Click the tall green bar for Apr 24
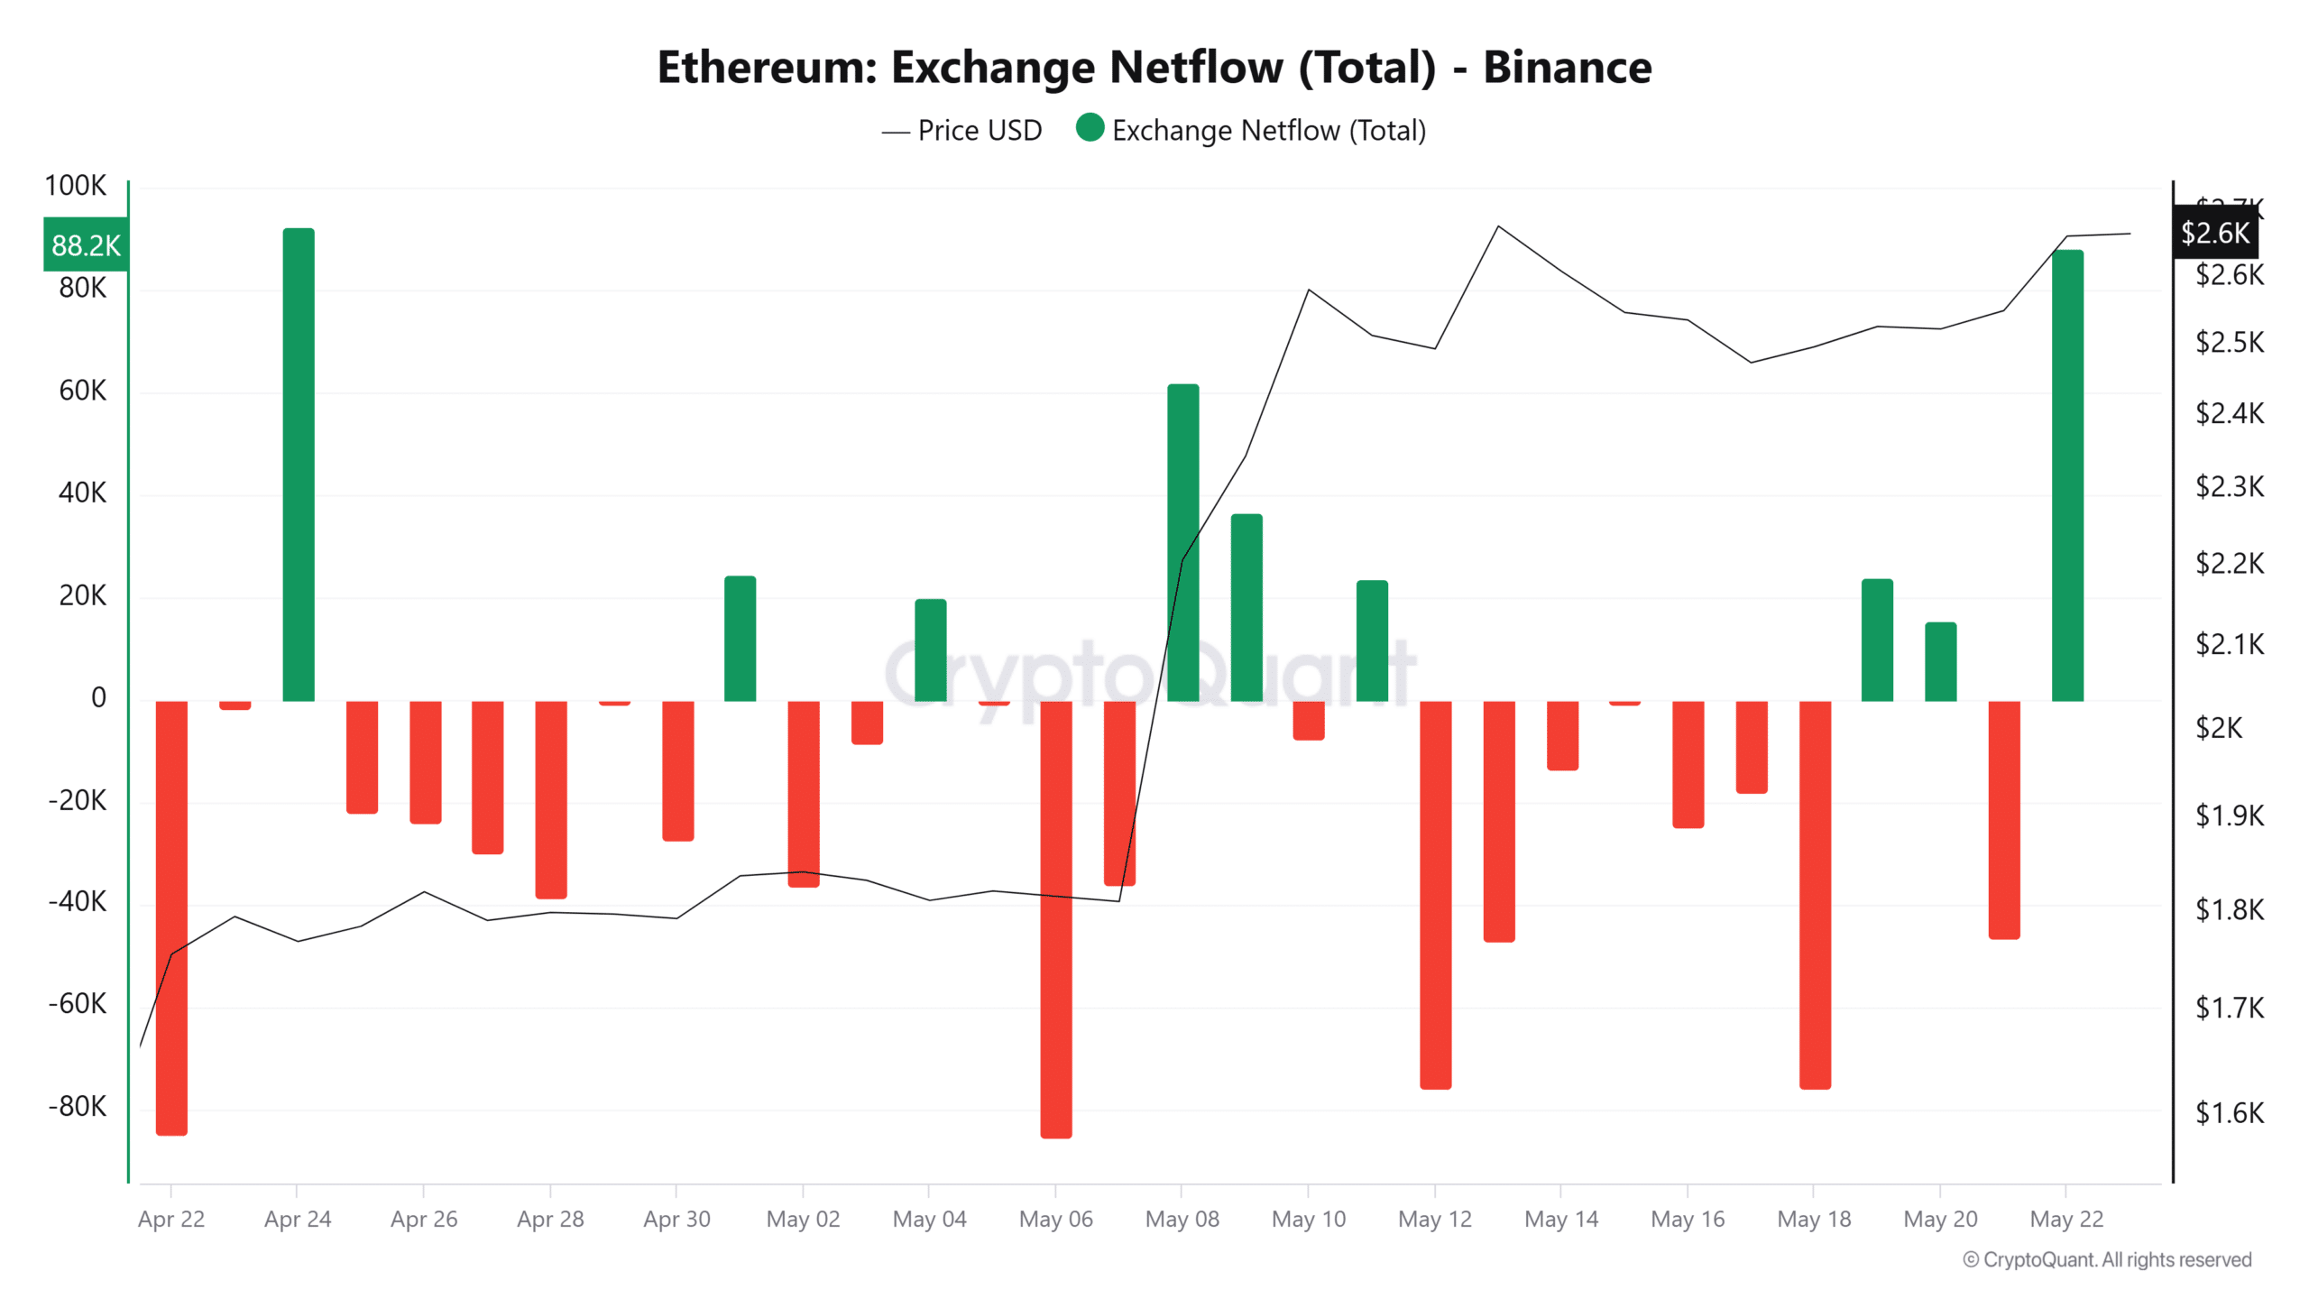point(299,465)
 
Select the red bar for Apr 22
point(171,916)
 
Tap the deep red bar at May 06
point(1056,918)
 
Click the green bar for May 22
point(2067,475)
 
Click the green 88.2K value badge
point(86,244)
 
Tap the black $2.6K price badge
point(2215,233)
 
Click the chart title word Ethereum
point(766,68)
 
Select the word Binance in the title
point(1567,68)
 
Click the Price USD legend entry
point(962,131)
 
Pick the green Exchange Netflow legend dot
point(1090,128)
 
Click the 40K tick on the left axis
point(82,493)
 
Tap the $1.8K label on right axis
point(2229,909)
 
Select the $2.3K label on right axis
point(2229,487)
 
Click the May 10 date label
point(1308,1219)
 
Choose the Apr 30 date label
point(676,1219)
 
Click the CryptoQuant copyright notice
point(2107,1259)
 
